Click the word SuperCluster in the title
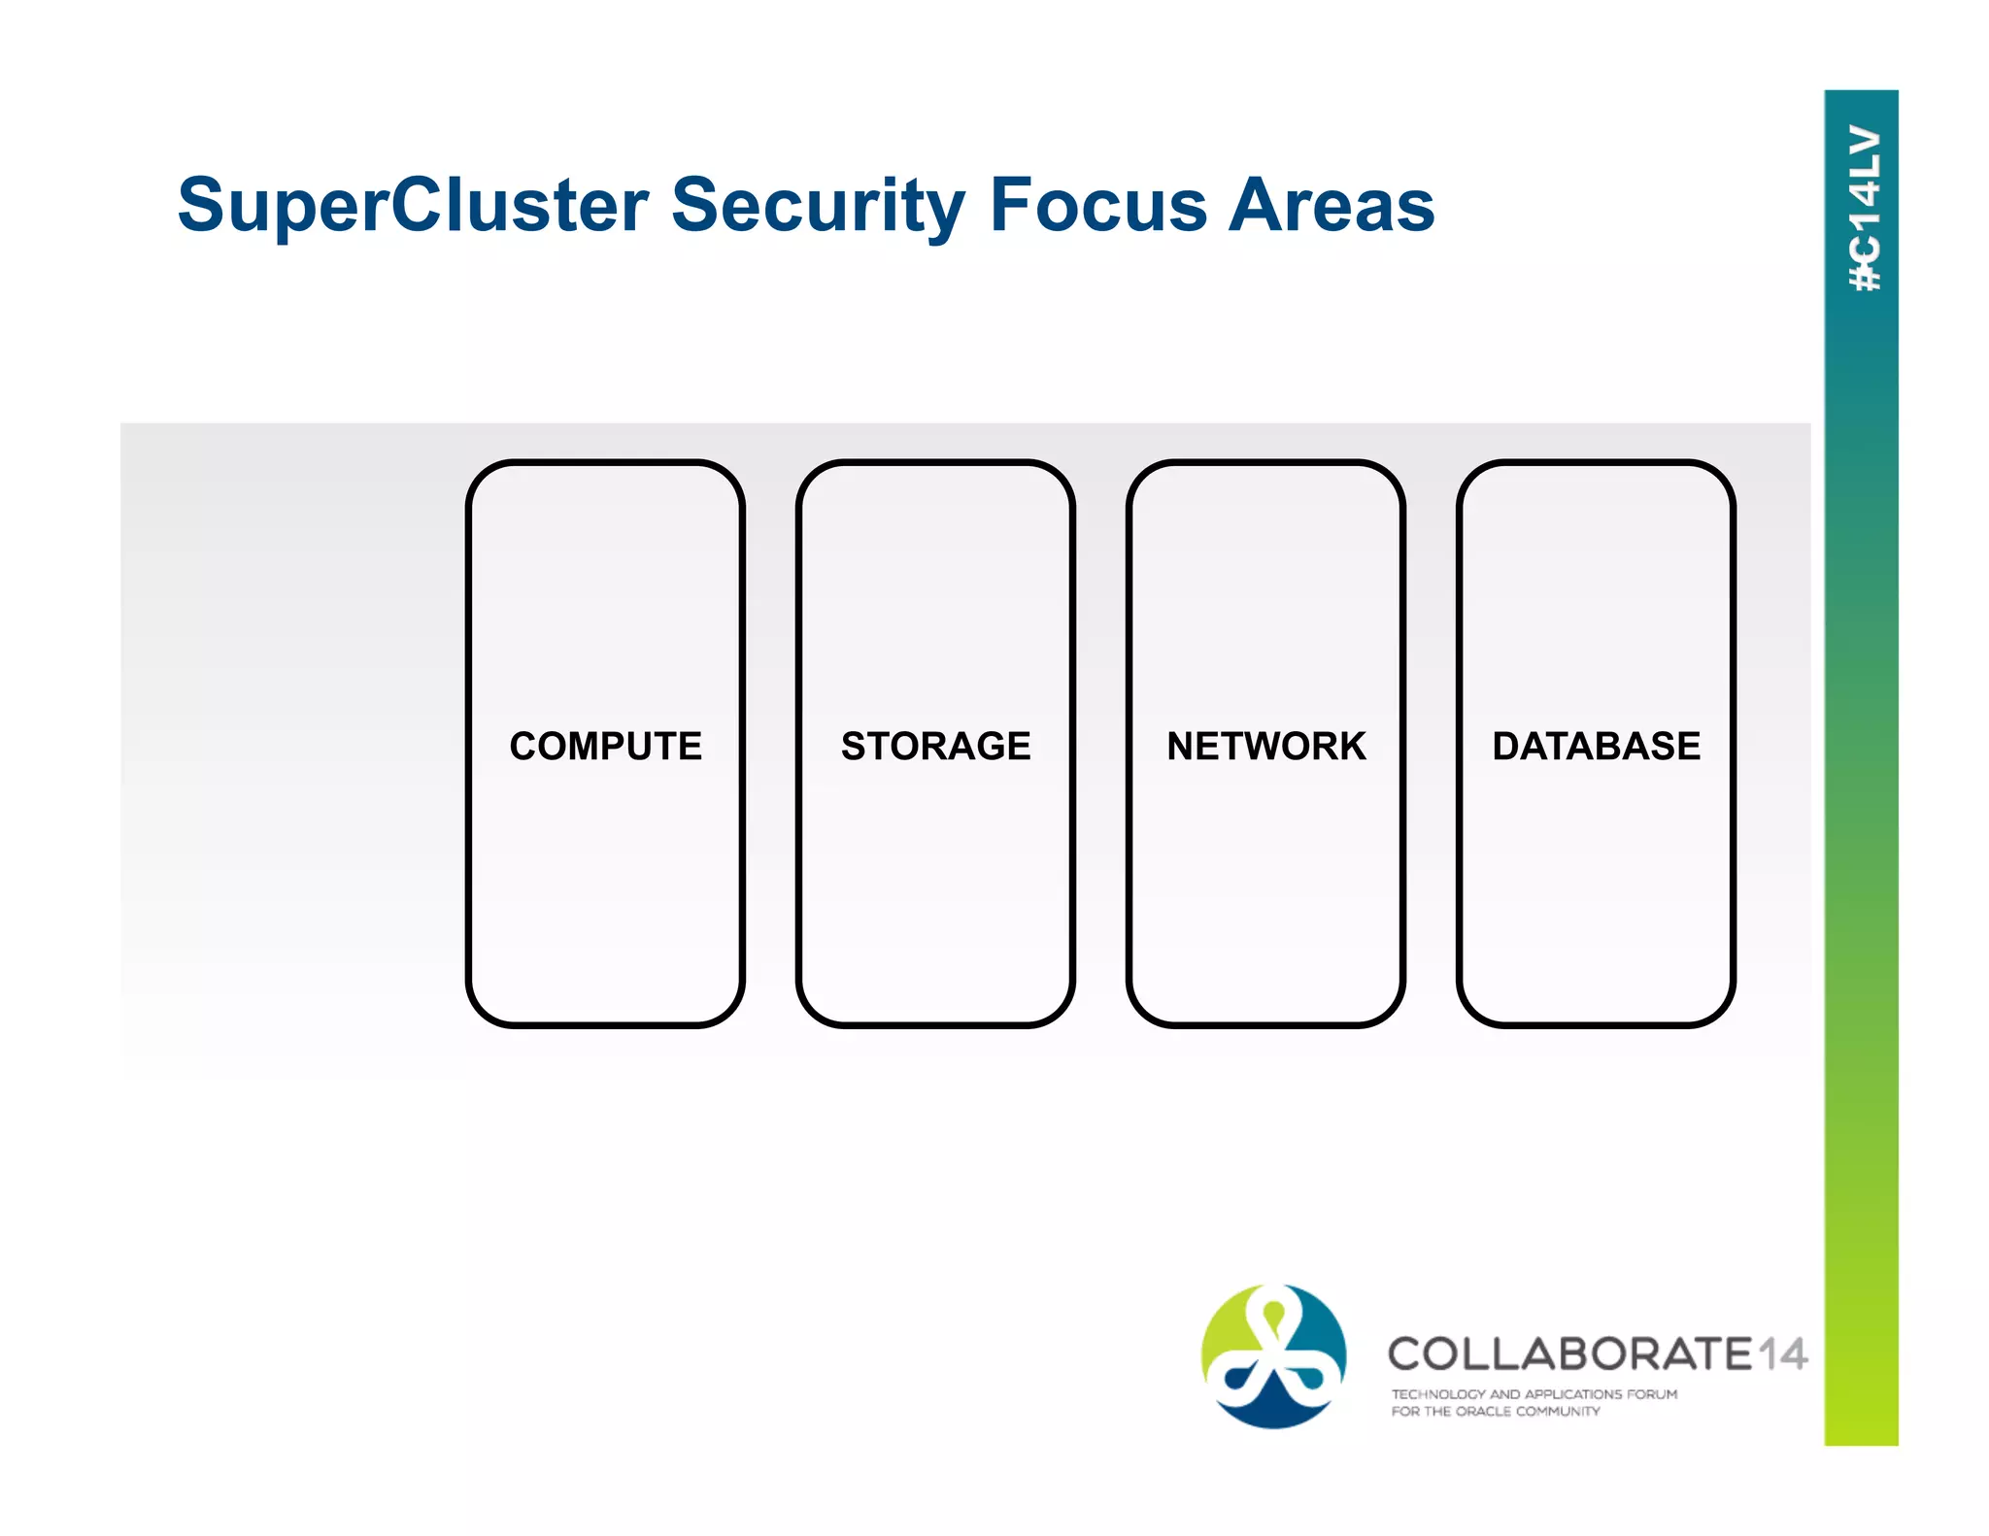click(x=413, y=206)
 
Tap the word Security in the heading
click(x=818, y=206)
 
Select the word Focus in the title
click(x=1097, y=206)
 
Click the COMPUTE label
click(x=605, y=746)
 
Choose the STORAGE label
click(x=935, y=746)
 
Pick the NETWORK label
click(x=1265, y=746)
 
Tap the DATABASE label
click(x=1596, y=746)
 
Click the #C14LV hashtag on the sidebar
click(x=1864, y=209)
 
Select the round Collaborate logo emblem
click(x=1273, y=1355)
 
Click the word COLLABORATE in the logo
click(x=1568, y=1354)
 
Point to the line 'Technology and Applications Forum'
click(x=1534, y=1394)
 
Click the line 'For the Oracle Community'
click(x=1495, y=1412)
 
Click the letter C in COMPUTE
click(x=524, y=746)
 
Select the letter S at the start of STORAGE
click(x=853, y=746)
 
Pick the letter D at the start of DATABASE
click(x=1507, y=746)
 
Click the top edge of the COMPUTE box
click(x=605, y=463)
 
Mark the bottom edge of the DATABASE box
click(x=1596, y=1024)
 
